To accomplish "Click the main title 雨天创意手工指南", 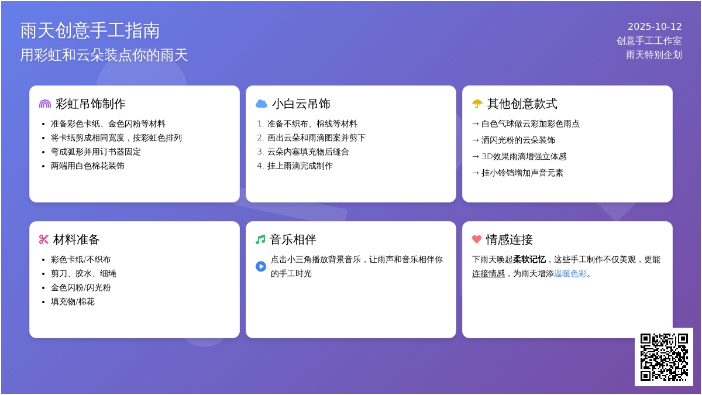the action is (90, 30).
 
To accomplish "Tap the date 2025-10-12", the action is (655, 26).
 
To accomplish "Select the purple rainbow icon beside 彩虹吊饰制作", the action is (45, 104).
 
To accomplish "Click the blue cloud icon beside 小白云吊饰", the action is (261, 104).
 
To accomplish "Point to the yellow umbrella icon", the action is (477, 104).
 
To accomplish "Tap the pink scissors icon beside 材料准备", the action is (43, 239).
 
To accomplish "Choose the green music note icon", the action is (260, 239).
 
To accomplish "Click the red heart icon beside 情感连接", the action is (477, 239).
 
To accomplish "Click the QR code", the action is (664, 357).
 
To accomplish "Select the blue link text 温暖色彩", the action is (570, 274).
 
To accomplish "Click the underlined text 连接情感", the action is (488, 274).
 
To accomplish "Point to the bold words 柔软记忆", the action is (529, 260).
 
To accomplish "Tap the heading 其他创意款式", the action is (522, 104).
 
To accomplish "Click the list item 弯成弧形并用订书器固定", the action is (95, 152).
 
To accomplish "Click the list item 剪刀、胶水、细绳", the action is (83, 274).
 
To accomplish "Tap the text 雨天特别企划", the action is (654, 55).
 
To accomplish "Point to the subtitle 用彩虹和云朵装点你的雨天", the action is (104, 55).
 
